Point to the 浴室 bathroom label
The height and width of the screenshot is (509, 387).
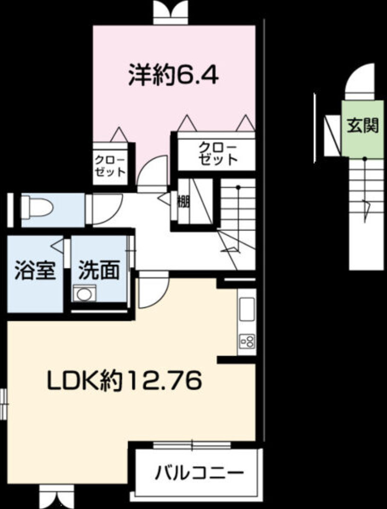35,271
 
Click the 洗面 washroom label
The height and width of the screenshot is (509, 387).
99,271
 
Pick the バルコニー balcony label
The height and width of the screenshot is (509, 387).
199,472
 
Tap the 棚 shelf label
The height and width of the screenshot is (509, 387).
183,202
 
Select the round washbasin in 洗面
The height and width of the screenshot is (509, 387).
85,294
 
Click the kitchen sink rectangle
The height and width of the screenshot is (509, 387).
247,310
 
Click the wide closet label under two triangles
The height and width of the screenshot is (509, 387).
217,152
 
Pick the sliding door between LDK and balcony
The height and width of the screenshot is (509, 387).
192,445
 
